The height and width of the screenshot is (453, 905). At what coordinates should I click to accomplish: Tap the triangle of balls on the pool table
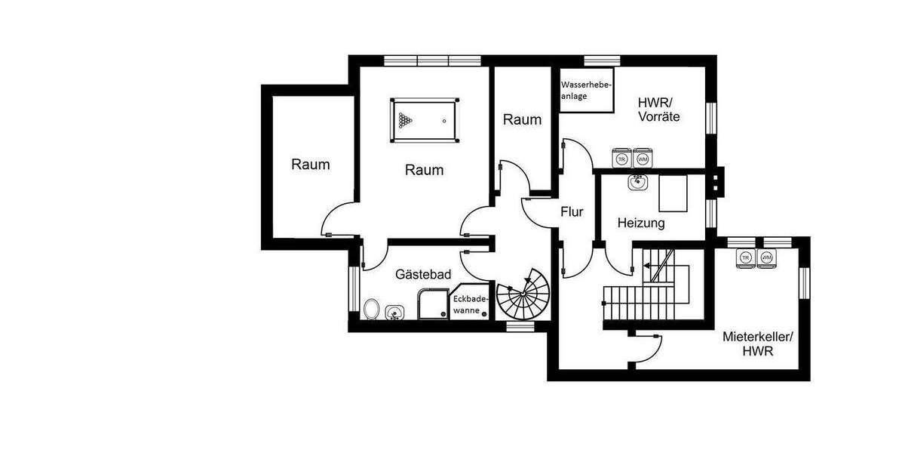[x=406, y=120]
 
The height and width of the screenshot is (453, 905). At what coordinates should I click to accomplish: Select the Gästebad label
[x=422, y=276]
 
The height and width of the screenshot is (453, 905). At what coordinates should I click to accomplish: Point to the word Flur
[x=572, y=212]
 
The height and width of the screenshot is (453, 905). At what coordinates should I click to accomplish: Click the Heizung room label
[x=640, y=223]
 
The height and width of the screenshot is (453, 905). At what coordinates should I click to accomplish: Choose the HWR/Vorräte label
[x=658, y=110]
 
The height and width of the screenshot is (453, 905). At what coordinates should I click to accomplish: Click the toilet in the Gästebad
[x=371, y=309]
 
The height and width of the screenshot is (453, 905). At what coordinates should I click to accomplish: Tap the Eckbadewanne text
[x=470, y=304]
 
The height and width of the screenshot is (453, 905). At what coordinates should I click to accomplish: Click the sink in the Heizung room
[x=638, y=181]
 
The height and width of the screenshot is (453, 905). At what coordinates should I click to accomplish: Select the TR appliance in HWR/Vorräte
[x=621, y=158]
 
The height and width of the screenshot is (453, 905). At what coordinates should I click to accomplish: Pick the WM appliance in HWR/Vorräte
[x=643, y=158]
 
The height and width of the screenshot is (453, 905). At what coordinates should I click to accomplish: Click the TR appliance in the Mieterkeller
[x=746, y=257]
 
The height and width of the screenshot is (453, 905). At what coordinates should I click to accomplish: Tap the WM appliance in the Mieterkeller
[x=767, y=257]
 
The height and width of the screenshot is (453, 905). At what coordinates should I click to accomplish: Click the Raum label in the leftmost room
[x=311, y=165]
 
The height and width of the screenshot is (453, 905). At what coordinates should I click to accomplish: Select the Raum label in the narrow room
[x=522, y=119]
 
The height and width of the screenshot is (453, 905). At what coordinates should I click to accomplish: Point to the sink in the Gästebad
[x=394, y=311]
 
